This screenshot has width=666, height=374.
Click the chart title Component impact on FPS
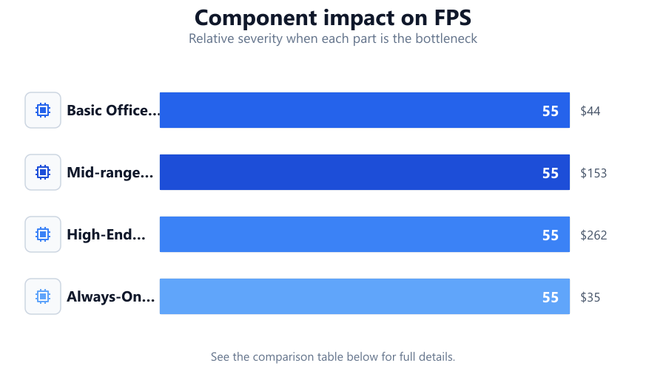coord(332,18)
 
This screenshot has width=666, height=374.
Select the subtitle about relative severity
coord(332,38)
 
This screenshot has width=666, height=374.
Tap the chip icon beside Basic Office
coord(43,110)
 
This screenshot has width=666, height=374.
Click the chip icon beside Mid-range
coord(43,172)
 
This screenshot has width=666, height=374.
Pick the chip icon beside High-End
coord(43,234)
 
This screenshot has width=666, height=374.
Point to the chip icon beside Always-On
coord(43,296)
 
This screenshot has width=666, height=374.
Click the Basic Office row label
coord(113,110)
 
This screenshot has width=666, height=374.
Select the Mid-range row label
coord(110,172)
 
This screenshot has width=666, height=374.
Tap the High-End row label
coord(106,234)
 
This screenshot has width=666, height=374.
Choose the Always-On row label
coord(111,297)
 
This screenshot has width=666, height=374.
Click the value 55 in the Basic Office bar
coord(551,111)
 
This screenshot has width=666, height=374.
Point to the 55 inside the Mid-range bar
coord(551,173)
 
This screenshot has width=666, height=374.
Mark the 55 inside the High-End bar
coord(551,235)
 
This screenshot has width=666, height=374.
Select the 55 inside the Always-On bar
coord(551,297)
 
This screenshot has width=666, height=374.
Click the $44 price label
coord(591,111)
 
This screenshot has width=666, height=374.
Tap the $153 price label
coord(593,173)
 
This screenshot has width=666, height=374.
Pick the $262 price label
coord(593,235)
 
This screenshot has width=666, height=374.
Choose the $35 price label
coord(591,297)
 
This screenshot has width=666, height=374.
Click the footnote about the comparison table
coord(332,356)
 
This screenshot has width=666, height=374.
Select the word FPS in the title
coord(453,18)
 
